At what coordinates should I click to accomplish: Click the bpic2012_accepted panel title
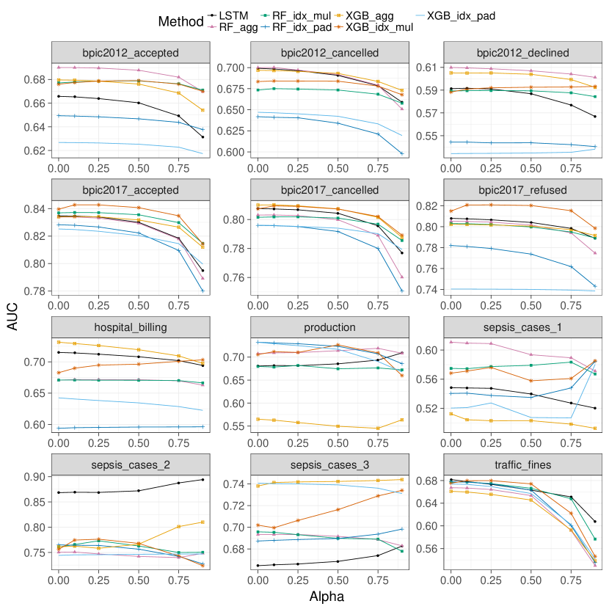click(131, 52)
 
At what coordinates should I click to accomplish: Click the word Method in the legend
click(180, 22)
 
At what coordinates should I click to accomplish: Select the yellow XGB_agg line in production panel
click(338, 426)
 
